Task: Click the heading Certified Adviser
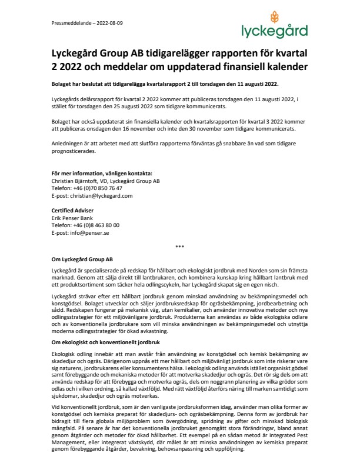[72, 210]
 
